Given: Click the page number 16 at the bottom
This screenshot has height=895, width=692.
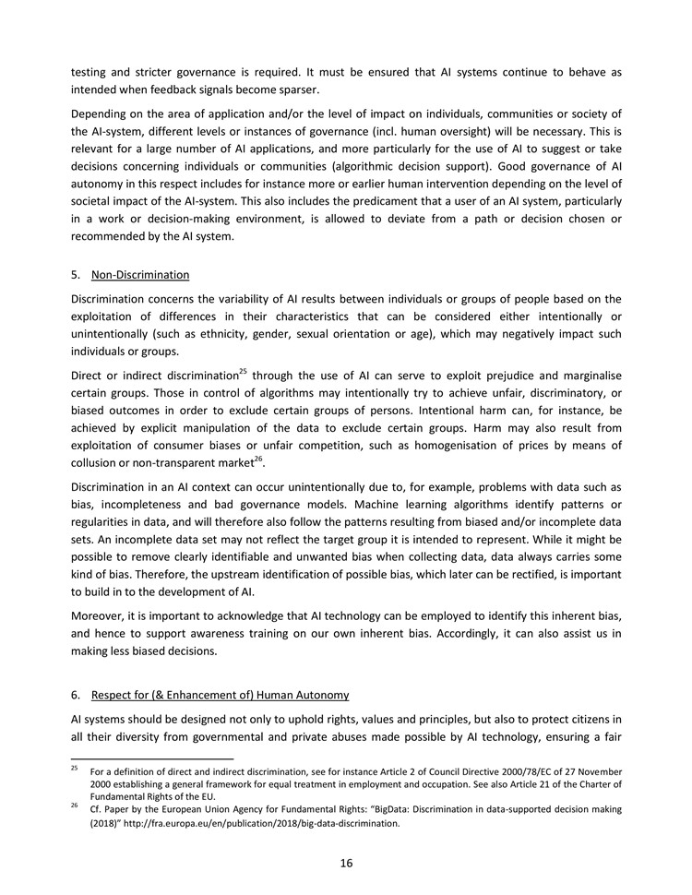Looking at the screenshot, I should point(346,864).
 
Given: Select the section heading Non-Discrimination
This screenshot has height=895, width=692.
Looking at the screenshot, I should point(140,275).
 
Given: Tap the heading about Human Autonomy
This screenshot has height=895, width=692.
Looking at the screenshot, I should point(221,694).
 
